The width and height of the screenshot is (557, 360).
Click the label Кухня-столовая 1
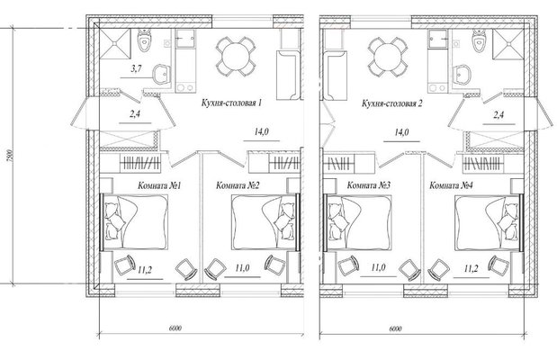[231, 103]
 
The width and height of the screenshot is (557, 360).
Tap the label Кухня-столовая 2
[391, 103]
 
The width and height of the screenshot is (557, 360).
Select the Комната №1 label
[159, 185]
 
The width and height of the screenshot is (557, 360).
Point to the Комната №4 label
[451, 185]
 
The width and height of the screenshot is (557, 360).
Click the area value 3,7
[137, 69]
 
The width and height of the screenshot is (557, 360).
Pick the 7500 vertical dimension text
[10, 156]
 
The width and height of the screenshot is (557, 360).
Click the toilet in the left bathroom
[145, 40]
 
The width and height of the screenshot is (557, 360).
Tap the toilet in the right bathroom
[479, 40]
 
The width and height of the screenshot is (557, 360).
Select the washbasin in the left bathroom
[162, 75]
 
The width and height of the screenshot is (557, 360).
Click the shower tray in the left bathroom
[115, 44]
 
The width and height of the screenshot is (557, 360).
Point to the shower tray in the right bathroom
[508, 44]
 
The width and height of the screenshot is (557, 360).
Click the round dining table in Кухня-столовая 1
[236, 57]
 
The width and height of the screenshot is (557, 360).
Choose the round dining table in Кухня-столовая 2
[388, 57]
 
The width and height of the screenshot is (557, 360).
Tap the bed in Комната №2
[264, 222]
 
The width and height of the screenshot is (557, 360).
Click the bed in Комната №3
[359, 223]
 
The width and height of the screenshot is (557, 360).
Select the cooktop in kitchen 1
[185, 87]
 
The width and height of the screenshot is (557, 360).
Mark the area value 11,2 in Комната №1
[145, 271]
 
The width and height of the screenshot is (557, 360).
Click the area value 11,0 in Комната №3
[378, 267]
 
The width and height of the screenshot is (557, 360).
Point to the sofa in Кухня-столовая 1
[289, 76]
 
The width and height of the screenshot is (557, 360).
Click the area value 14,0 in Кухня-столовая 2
[401, 132]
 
